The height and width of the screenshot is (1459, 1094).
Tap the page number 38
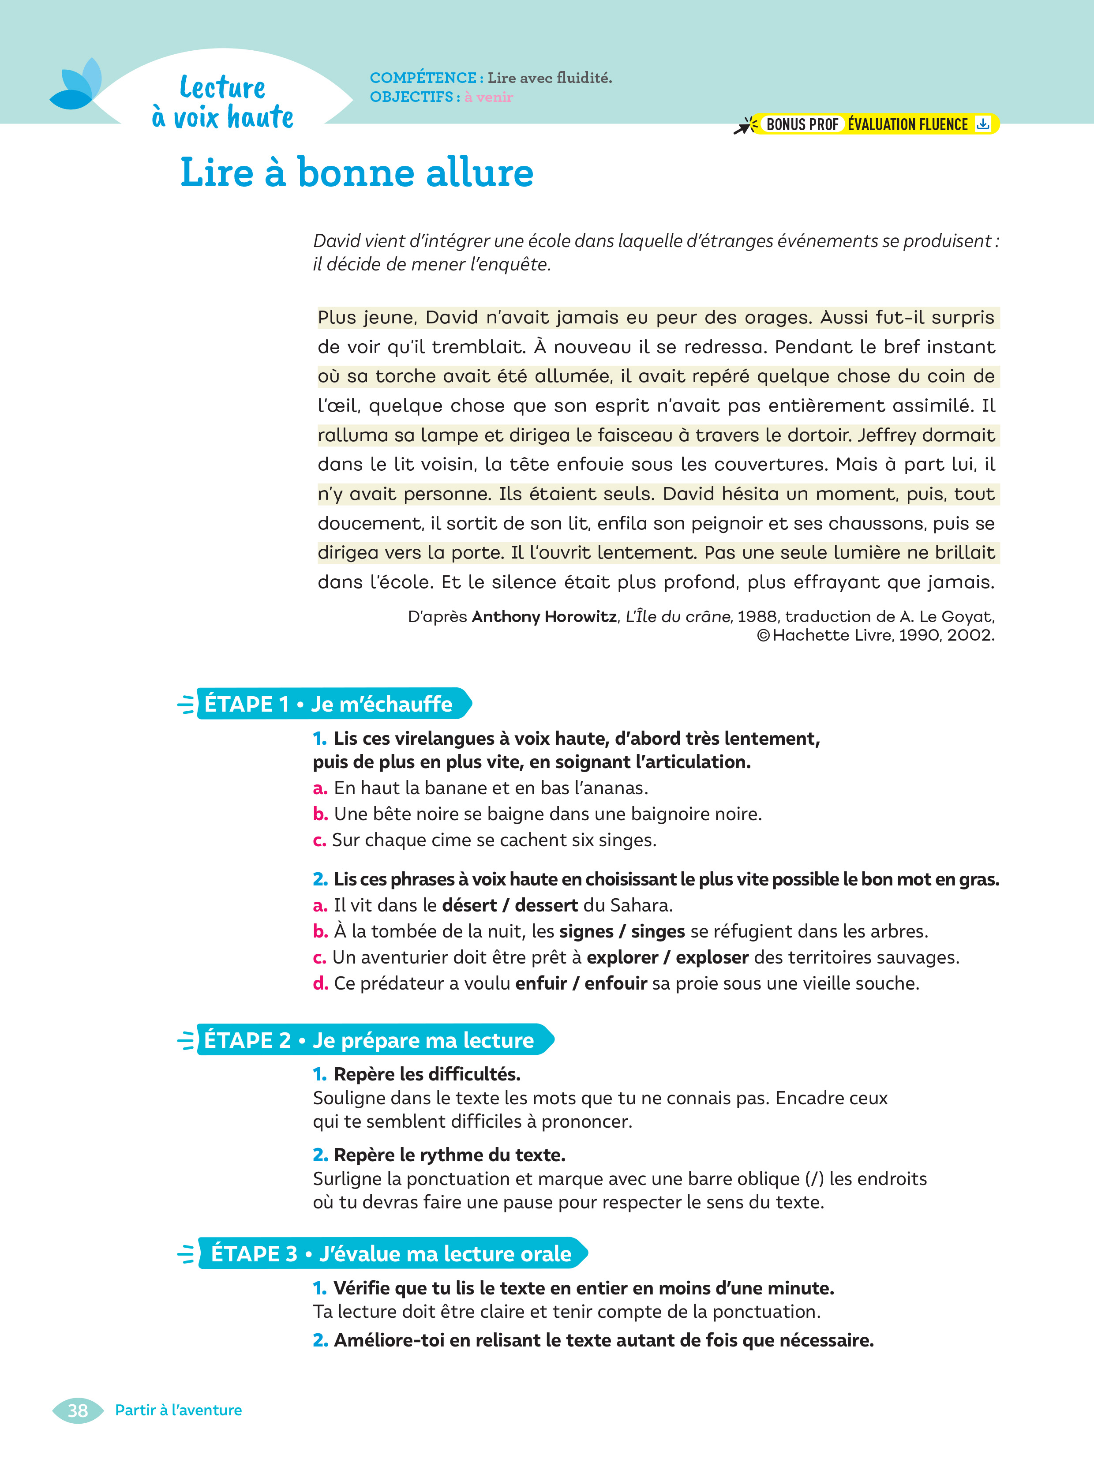pyautogui.click(x=78, y=1410)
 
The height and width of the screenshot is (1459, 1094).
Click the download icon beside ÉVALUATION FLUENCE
pyautogui.click(x=982, y=124)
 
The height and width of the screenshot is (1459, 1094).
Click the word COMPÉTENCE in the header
pyautogui.click(x=423, y=78)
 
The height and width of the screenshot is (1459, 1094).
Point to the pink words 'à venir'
pyautogui.click(x=489, y=97)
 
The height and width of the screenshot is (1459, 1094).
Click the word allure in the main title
pyautogui.click(x=480, y=173)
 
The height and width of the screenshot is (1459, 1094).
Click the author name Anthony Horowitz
pyautogui.click(x=544, y=617)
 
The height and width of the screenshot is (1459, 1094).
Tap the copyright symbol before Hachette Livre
pyautogui.click(x=763, y=635)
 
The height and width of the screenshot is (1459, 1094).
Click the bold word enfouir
pyautogui.click(x=615, y=983)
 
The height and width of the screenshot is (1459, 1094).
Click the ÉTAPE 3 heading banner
pyautogui.click(x=390, y=1253)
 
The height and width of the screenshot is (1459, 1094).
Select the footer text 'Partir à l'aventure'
pyautogui.click(x=178, y=1410)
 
